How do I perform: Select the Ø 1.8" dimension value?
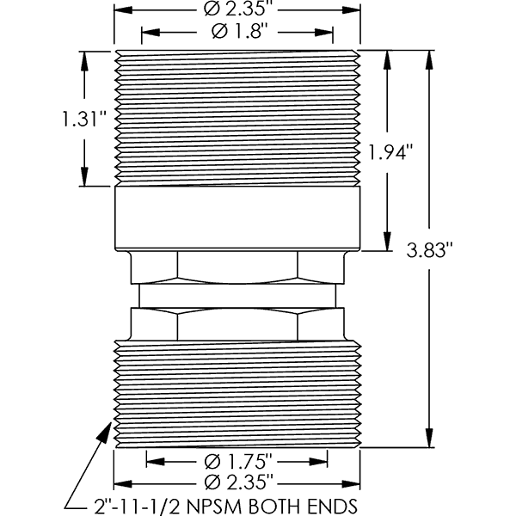tap(236, 33)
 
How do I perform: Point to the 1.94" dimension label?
tap(391, 151)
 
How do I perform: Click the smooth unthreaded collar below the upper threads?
tap(236, 218)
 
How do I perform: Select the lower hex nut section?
tap(236, 324)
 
